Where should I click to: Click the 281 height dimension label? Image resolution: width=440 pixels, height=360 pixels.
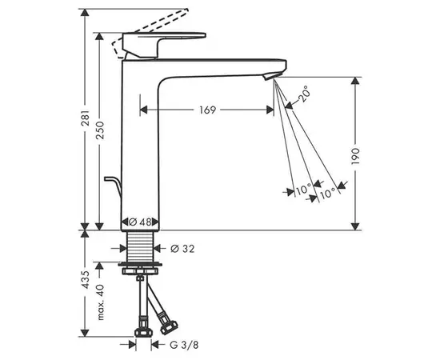point(86,117)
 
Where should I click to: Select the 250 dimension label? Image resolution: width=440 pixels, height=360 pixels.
point(100,130)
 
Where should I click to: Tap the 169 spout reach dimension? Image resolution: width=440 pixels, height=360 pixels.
point(208,110)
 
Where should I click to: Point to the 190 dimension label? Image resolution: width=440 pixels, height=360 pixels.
point(355,156)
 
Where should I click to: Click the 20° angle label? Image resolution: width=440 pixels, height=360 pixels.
point(304,94)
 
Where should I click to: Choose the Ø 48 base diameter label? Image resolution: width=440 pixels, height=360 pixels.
point(140,222)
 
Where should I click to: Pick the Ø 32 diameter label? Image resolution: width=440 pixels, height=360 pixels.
point(182,248)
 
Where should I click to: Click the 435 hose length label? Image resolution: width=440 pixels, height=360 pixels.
point(86,279)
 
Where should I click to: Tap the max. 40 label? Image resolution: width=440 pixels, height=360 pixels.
point(101,302)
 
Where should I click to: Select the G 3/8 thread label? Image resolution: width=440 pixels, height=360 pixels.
point(184,345)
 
